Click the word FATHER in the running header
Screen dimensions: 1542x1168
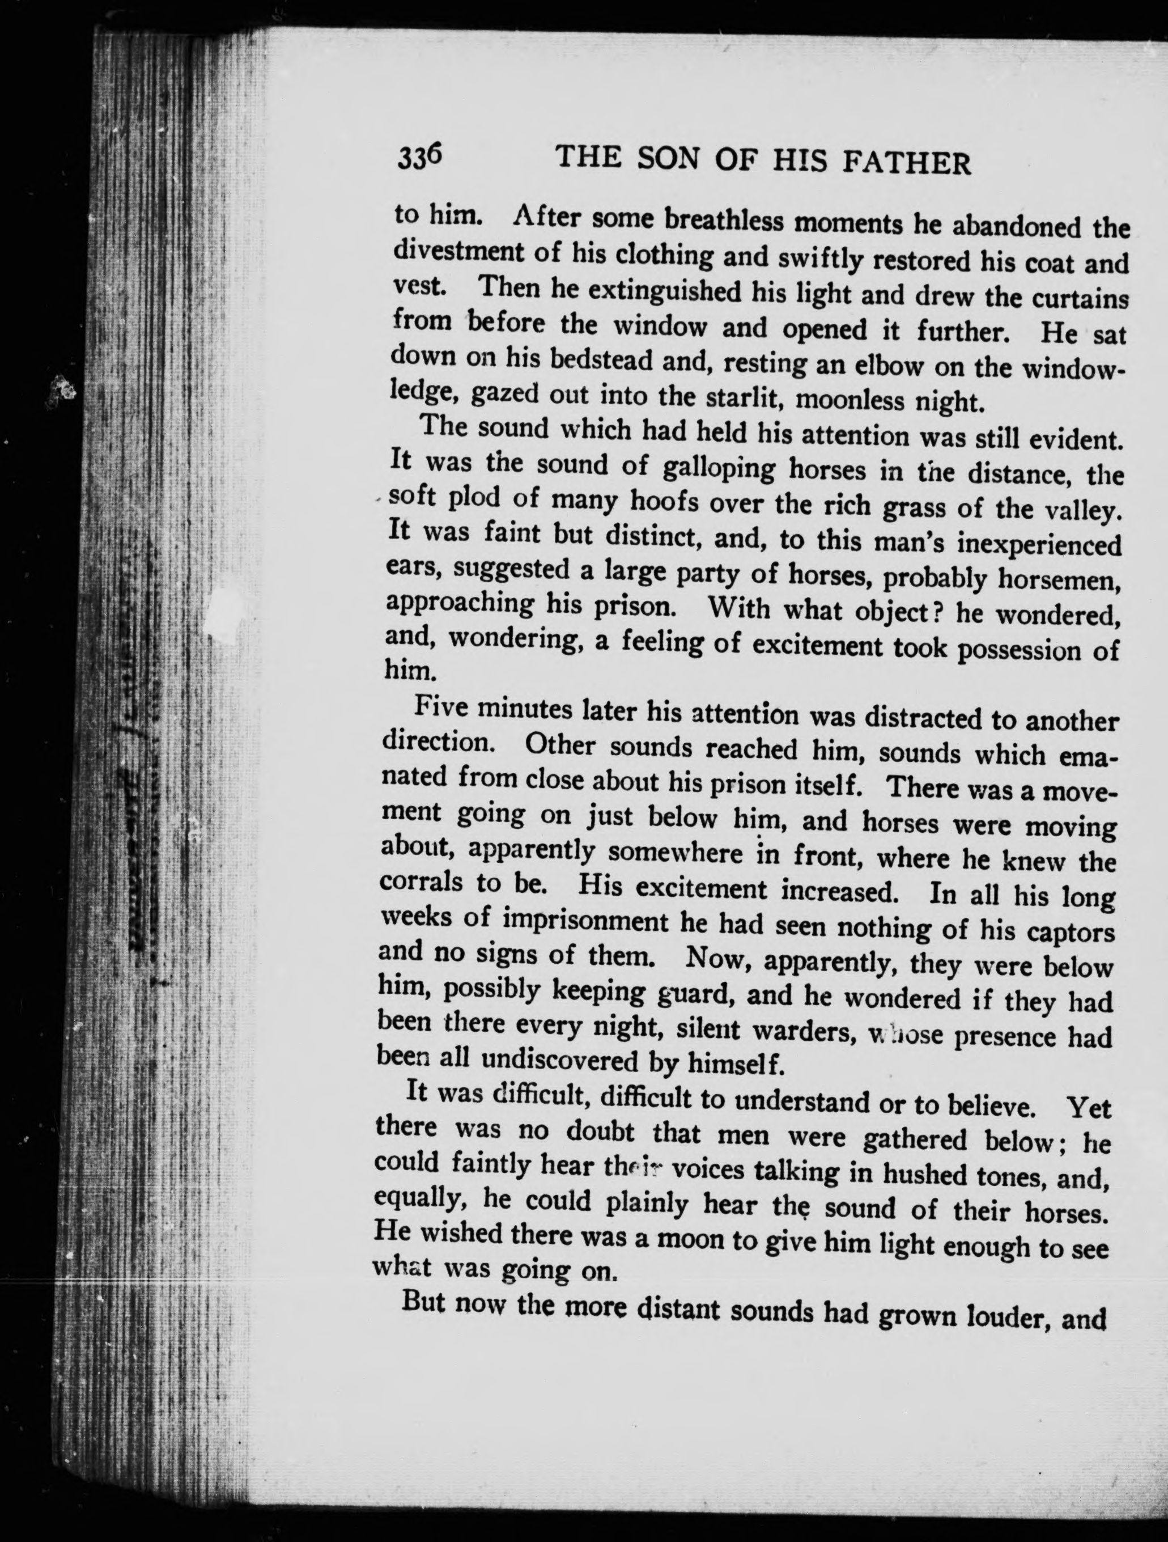[906, 164]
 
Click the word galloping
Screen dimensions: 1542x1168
[719, 468]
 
